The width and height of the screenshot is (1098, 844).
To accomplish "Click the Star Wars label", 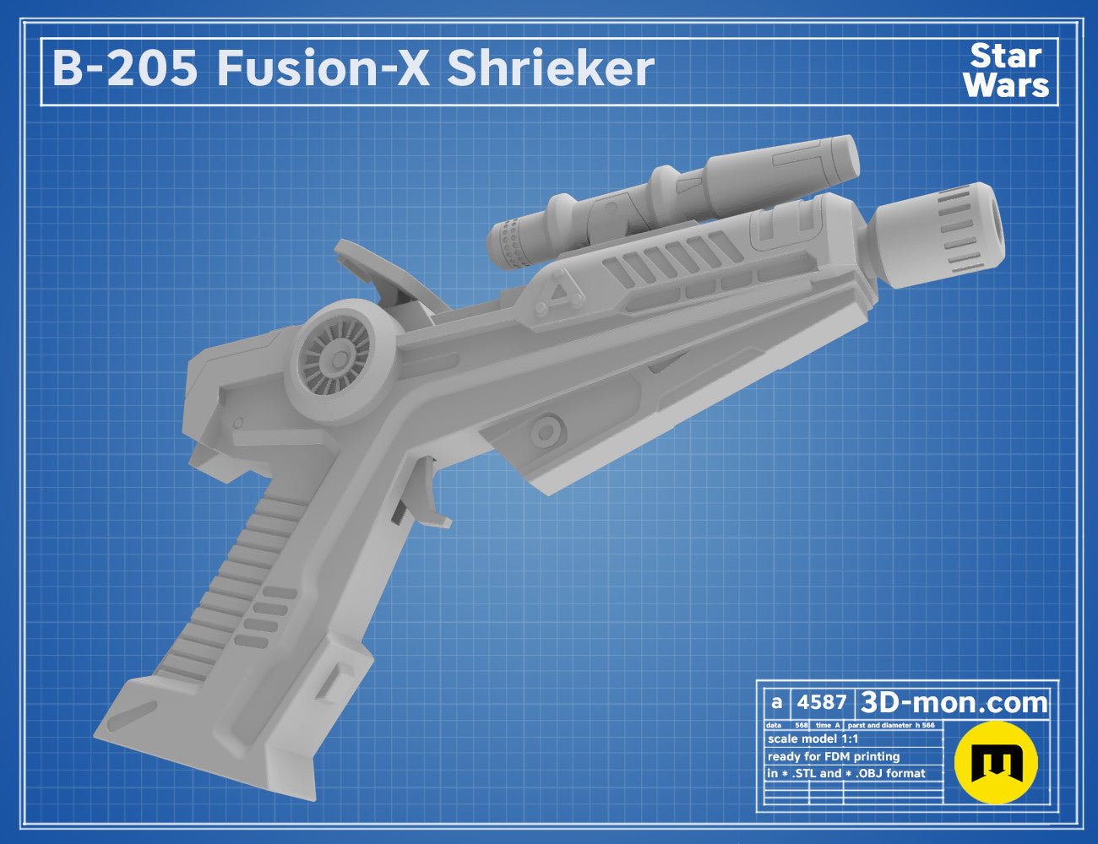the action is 1006,71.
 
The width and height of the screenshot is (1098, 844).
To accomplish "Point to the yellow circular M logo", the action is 996,762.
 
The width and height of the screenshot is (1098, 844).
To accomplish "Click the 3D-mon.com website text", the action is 954,703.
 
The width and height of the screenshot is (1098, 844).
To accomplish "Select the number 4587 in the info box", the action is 821,702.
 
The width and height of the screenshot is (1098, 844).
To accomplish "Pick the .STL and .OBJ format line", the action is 846,773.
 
